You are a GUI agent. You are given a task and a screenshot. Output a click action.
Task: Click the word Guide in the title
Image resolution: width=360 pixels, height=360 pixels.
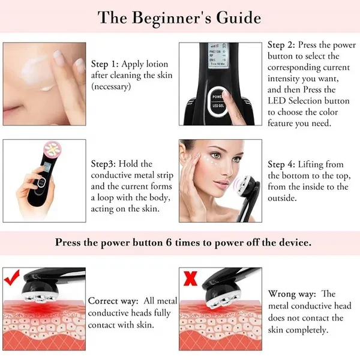[x=239, y=17]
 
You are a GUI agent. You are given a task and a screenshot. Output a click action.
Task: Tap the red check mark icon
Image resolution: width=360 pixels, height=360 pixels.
[x=12, y=277]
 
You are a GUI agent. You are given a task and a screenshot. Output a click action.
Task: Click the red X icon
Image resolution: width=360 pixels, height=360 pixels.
[x=190, y=278]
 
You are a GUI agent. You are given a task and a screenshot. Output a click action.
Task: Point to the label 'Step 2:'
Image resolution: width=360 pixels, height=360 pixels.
[x=281, y=45]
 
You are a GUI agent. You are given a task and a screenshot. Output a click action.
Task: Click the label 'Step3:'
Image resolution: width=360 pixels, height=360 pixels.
[x=104, y=164]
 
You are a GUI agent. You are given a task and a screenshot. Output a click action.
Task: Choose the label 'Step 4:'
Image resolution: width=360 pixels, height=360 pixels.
[x=281, y=164]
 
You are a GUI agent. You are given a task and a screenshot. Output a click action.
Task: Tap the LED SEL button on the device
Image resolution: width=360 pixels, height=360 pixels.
[x=218, y=106]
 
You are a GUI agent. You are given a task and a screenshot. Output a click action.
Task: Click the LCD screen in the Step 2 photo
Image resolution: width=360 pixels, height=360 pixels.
[x=217, y=56]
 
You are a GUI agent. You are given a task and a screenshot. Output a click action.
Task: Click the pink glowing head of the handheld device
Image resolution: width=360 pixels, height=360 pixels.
[x=53, y=149]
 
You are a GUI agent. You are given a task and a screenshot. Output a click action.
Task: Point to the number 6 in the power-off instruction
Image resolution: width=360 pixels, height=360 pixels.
[x=169, y=242]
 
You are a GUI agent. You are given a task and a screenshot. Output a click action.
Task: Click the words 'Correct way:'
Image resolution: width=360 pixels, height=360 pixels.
[x=113, y=301]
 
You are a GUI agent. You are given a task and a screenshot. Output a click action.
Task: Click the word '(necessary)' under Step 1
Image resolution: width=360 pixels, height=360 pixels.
[x=111, y=86]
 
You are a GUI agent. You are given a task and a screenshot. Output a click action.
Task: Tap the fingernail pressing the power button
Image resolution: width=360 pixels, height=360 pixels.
[x=226, y=92]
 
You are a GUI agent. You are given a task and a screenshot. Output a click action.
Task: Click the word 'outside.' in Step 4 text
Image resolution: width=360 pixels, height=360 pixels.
[x=282, y=198]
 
